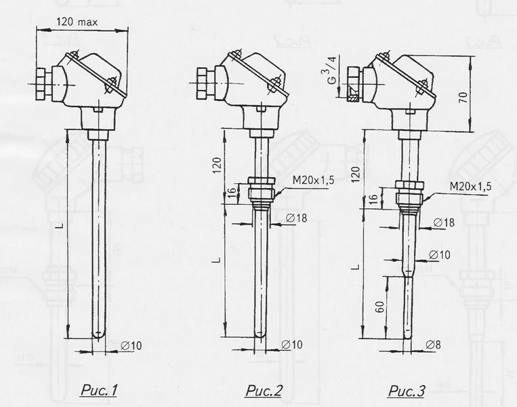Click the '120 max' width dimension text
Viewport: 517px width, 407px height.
click(77, 22)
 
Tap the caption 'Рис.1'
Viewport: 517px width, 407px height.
click(99, 391)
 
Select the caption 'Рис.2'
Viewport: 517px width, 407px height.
click(264, 391)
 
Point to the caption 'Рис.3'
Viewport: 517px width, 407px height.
click(407, 391)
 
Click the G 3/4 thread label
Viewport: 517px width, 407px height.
click(332, 70)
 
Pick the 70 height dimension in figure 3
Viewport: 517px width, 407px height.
click(463, 98)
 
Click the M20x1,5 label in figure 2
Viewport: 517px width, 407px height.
click(313, 180)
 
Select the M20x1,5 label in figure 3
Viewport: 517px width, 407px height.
click(470, 186)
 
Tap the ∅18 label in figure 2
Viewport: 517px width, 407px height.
click(296, 218)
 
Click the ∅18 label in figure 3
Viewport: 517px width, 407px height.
click(444, 222)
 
